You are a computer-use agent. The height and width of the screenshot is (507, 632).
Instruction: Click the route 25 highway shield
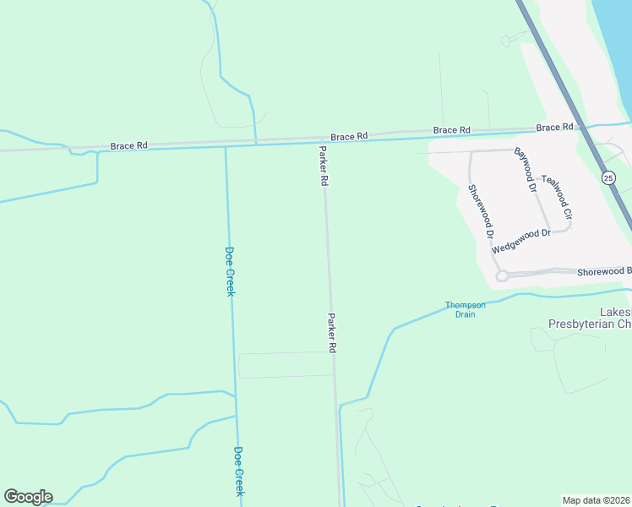click(x=608, y=177)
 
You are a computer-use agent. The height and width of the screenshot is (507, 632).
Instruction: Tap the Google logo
click(x=28, y=497)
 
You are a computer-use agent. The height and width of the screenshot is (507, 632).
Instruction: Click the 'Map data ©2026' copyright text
click(x=597, y=499)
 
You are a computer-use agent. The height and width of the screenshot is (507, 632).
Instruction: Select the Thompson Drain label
click(x=466, y=309)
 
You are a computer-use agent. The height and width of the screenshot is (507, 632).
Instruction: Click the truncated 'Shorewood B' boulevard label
click(x=604, y=271)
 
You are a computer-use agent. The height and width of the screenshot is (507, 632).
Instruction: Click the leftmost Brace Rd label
click(x=128, y=145)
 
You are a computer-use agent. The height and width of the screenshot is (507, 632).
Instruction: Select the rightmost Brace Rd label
click(x=554, y=128)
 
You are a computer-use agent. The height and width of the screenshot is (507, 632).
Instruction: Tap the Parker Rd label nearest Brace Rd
click(x=323, y=165)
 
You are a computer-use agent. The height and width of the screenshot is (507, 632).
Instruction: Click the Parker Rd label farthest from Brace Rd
click(x=332, y=332)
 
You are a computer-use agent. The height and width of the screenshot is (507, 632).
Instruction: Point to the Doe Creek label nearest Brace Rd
click(x=229, y=270)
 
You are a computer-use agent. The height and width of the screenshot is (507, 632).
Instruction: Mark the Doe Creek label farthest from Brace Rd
click(x=239, y=471)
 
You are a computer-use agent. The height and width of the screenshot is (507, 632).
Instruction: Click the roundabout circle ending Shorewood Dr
click(x=501, y=275)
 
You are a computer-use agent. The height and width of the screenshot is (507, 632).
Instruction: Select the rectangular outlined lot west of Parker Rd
click(x=286, y=365)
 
